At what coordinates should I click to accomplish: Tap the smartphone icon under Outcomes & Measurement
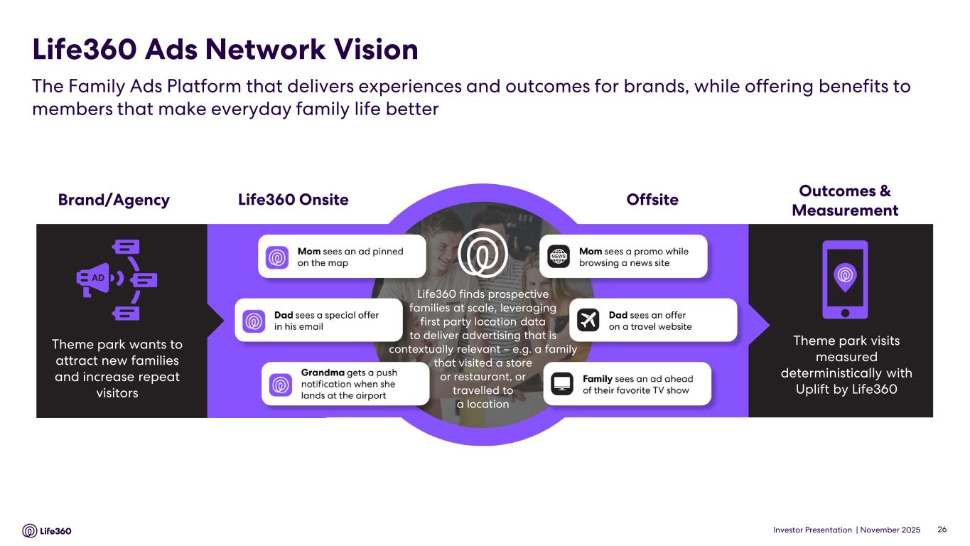point(845,279)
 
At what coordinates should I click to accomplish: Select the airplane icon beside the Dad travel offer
point(588,320)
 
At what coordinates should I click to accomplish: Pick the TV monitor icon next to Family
point(562,384)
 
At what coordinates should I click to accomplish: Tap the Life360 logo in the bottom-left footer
point(47,530)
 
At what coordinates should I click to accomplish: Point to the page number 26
point(942,530)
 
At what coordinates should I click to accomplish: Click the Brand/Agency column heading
point(114,200)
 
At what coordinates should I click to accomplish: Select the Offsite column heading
point(652,200)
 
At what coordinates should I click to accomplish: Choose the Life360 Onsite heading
point(293,200)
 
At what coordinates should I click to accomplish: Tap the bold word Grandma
point(323,373)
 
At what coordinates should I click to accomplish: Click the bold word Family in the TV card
point(598,379)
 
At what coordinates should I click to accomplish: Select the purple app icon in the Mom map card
point(277,257)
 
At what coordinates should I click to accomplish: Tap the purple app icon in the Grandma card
point(281,385)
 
